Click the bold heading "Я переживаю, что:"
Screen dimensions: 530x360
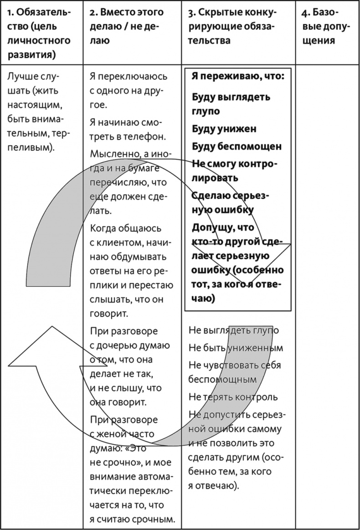click(x=237, y=76)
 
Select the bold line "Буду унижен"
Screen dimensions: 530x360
click(x=224, y=129)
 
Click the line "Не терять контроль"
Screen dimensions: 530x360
click(x=233, y=397)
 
